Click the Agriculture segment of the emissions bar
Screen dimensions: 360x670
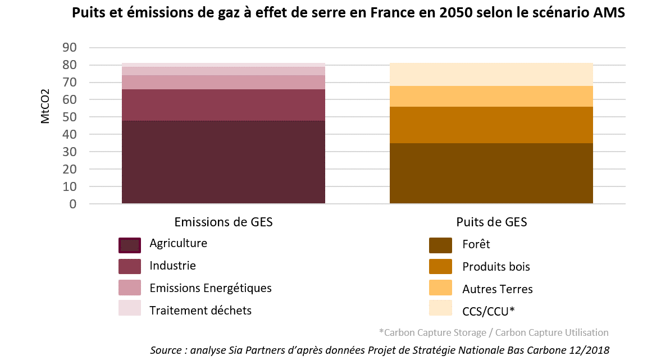pyautogui.click(x=224, y=162)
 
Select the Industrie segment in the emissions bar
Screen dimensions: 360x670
pyautogui.click(x=224, y=105)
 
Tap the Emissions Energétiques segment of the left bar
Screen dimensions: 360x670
pyautogui.click(x=224, y=82)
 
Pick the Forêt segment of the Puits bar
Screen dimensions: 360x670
pyautogui.click(x=491, y=173)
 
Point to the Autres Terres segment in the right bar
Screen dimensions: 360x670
pyautogui.click(x=491, y=96)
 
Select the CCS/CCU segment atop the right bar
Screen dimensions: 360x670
pyautogui.click(x=491, y=74)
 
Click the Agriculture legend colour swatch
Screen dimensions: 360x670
pyautogui.click(x=129, y=245)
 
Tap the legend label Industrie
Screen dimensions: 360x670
pyautogui.click(x=172, y=266)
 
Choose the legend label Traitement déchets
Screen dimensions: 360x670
pyautogui.click(x=200, y=310)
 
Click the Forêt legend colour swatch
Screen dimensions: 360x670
pyautogui.click(x=441, y=245)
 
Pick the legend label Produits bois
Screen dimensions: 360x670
pyautogui.click(x=496, y=267)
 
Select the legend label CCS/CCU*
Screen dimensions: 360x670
pyautogui.click(x=488, y=311)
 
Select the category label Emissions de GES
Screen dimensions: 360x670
pyautogui.click(x=224, y=222)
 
